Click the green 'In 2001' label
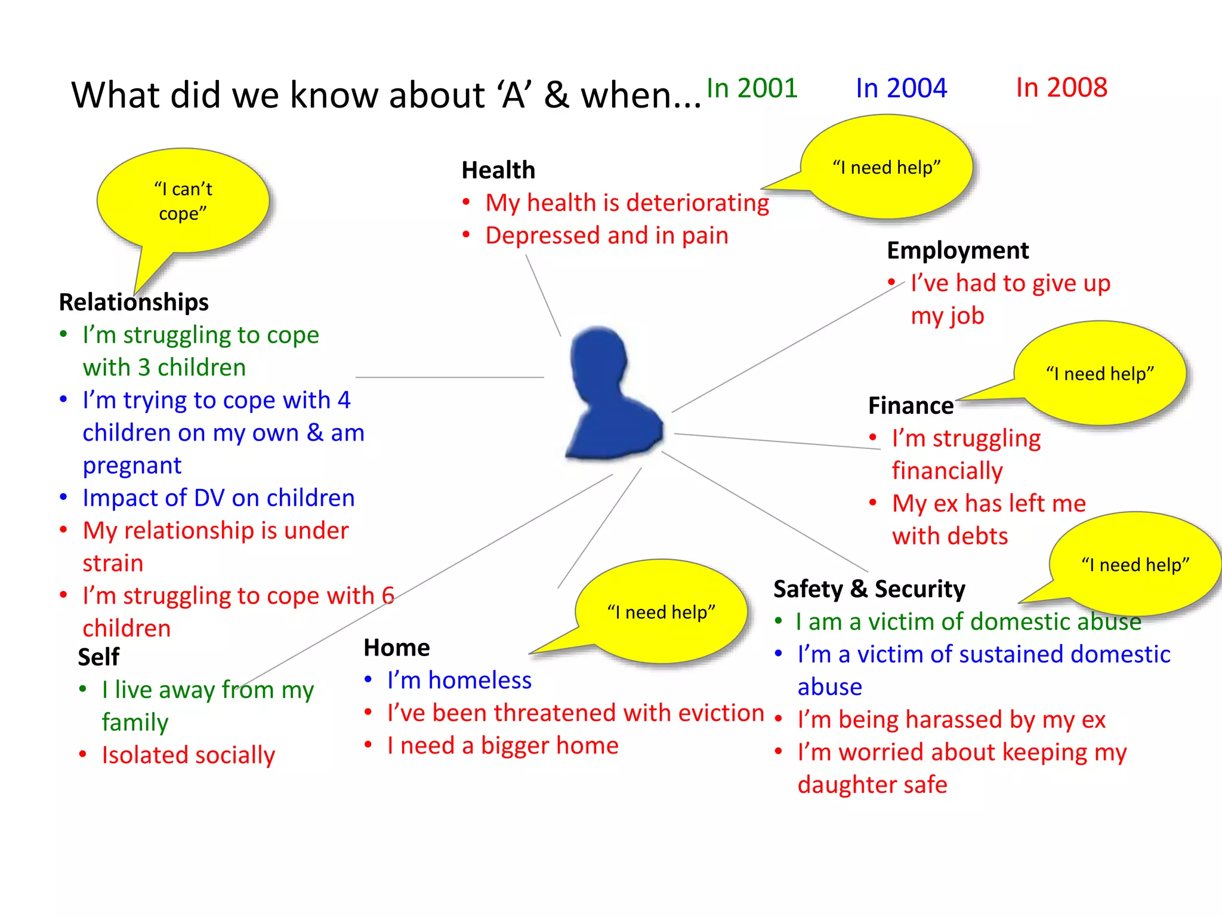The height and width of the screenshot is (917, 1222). pyautogui.click(x=752, y=88)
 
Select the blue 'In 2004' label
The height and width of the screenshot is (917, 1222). pyautogui.click(x=901, y=88)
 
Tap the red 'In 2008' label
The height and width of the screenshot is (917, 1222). pyautogui.click(x=1061, y=88)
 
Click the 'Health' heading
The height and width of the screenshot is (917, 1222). pyautogui.click(x=498, y=170)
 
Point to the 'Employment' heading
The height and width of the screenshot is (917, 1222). pyautogui.click(x=958, y=251)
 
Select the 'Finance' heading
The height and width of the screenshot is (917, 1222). pyautogui.click(x=911, y=406)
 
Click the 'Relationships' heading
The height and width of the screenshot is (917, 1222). pyautogui.click(x=134, y=302)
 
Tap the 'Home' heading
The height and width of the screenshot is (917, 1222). pyautogui.click(x=397, y=648)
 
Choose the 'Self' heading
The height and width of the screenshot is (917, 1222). pyautogui.click(x=98, y=657)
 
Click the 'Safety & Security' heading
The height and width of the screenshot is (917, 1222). pyautogui.click(x=869, y=589)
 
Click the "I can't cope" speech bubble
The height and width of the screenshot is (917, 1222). pyautogui.click(x=183, y=201)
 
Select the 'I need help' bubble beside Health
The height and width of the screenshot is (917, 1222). pyautogui.click(x=887, y=167)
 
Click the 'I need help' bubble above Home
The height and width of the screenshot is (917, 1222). pyautogui.click(x=661, y=612)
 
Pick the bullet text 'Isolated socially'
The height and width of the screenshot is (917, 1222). pyautogui.click(x=188, y=755)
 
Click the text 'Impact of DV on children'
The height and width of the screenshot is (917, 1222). pyautogui.click(x=218, y=498)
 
